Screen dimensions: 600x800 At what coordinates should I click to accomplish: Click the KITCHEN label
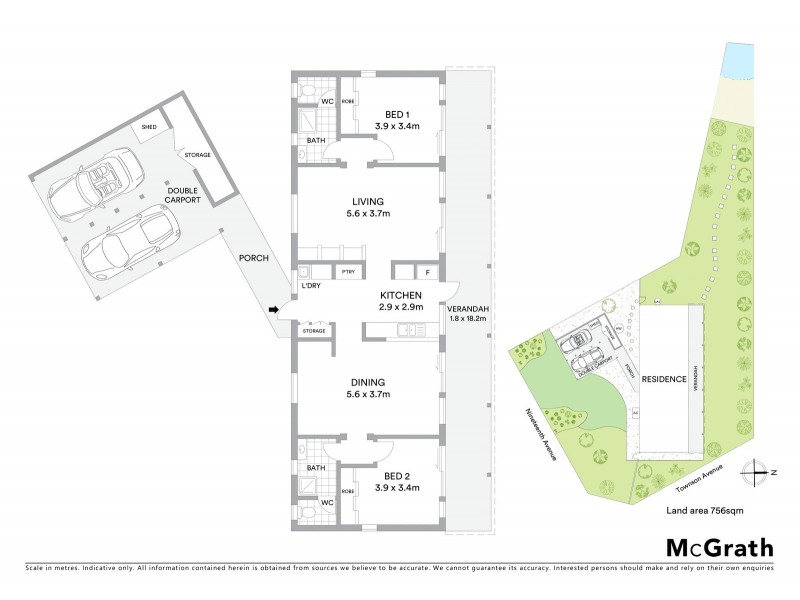pos(400,296)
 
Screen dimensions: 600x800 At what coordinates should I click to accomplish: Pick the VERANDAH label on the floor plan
pos(466,307)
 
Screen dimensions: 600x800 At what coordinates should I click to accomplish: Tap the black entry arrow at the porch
pos(274,309)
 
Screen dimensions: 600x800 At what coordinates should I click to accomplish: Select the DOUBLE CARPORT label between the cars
pos(184,195)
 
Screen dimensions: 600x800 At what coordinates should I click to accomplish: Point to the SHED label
pos(149,127)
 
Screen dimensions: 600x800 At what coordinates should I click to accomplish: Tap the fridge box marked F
pos(427,272)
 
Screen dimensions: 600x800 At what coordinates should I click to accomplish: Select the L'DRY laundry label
pos(312,288)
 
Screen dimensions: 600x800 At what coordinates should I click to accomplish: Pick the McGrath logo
pos(719,547)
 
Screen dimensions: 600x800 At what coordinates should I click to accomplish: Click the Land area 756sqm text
pos(704,510)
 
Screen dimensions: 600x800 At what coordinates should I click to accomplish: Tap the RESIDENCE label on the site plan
pos(663,379)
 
